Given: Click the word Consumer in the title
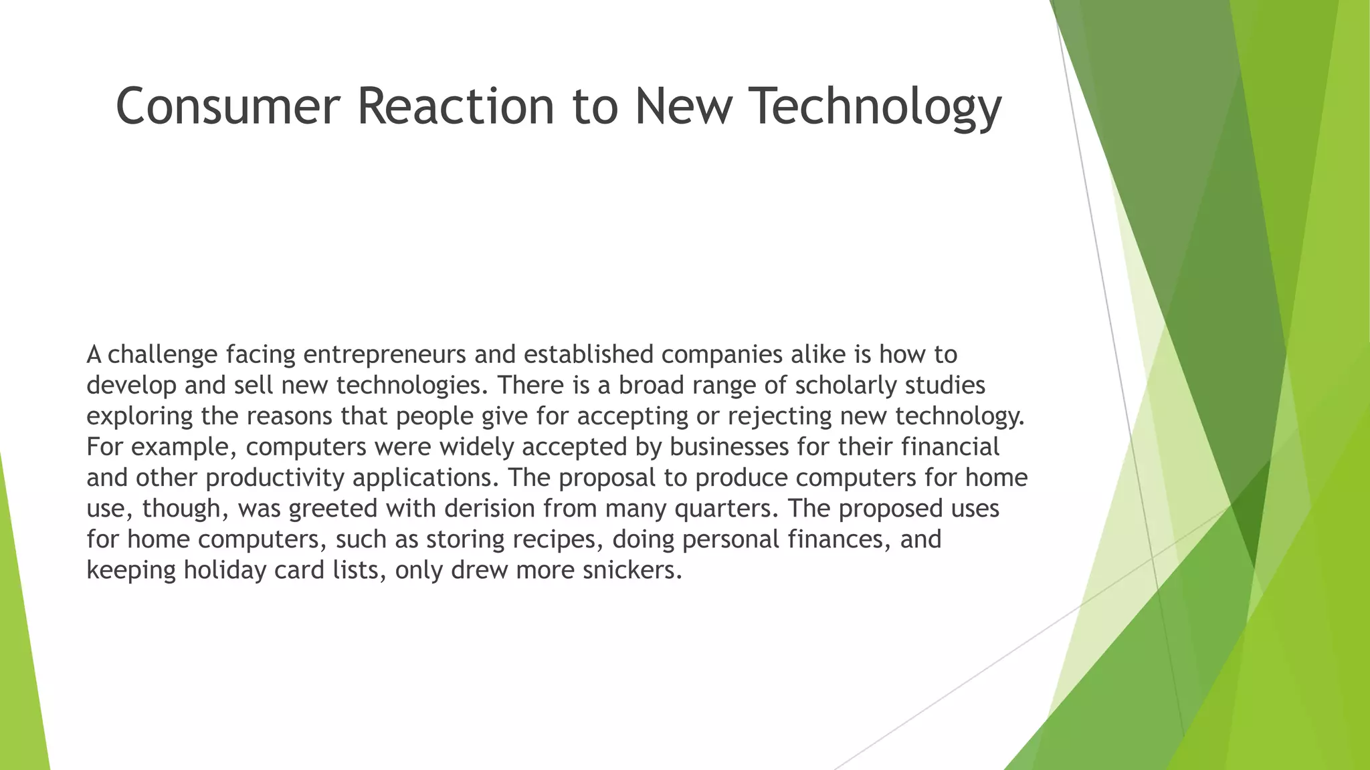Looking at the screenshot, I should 228,106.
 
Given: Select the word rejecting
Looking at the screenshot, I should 779,416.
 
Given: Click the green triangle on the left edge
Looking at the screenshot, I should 20,635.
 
